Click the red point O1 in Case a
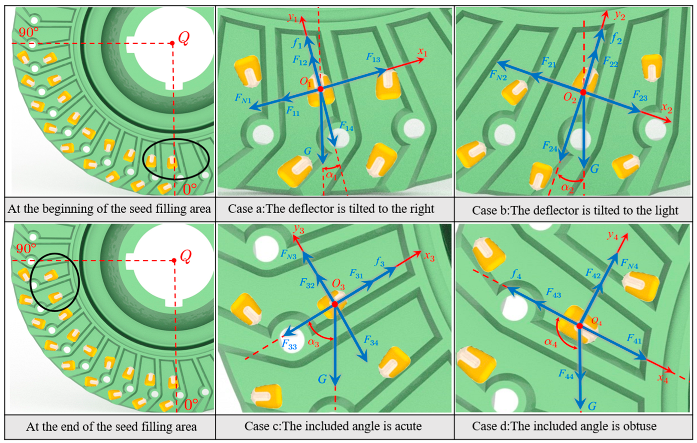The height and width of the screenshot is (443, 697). click(320, 89)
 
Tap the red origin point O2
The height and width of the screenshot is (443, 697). click(583, 92)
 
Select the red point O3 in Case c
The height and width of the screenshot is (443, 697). click(335, 304)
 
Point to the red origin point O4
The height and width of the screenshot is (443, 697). click(580, 326)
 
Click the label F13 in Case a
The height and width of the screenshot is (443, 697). click(373, 58)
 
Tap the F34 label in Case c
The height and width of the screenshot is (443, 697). click(371, 341)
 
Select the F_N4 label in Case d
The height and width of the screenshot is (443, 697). click(629, 264)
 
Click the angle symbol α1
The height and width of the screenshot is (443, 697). click(331, 175)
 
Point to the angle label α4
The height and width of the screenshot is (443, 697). click(551, 342)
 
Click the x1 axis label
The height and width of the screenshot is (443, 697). click(423, 52)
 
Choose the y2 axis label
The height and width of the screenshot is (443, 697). click(619, 15)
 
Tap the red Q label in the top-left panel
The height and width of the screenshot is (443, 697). click(184, 39)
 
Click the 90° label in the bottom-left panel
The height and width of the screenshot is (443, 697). click(26, 249)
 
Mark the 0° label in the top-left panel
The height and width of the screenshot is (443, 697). click(190, 189)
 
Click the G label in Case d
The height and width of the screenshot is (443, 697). click(592, 406)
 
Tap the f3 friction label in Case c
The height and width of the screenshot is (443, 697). click(380, 262)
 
